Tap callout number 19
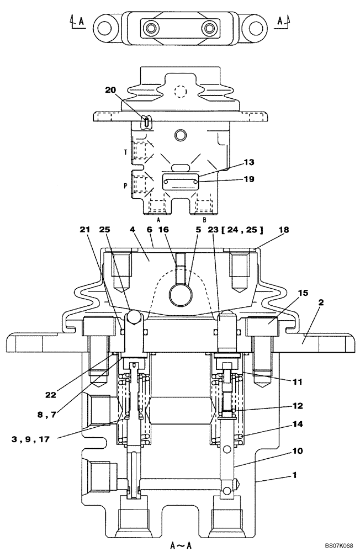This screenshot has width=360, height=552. coord(250,179)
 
